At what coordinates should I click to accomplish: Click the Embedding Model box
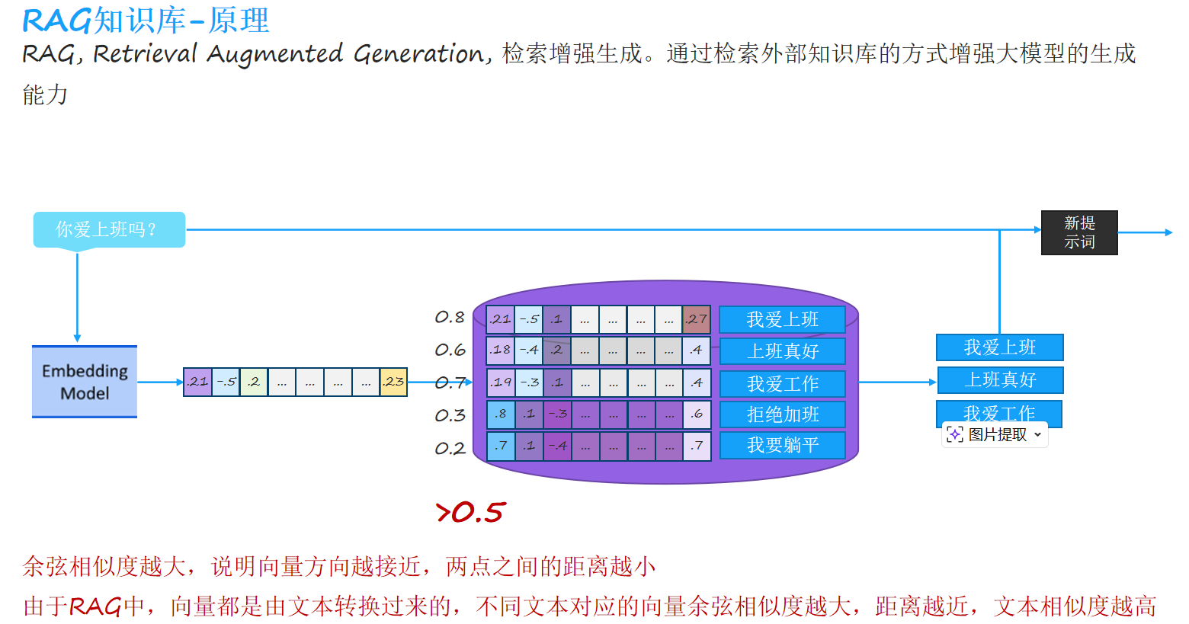click(85, 382)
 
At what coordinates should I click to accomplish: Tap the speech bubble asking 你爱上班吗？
click(109, 229)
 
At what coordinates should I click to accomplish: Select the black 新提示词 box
click(1079, 232)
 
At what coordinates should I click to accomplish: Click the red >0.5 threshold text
click(470, 513)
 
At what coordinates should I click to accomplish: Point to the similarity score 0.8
click(450, 317)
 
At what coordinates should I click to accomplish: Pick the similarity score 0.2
click(450, 449)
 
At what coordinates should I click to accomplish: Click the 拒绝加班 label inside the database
click(782, 414)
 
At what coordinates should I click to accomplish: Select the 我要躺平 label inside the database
click(782, 445)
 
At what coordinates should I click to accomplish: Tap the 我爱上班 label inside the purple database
click(782, 319)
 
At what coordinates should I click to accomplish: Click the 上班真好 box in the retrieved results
click(1000, 379)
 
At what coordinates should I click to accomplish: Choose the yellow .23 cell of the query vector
click(393, 382)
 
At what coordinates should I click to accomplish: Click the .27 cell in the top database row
click(696, 319)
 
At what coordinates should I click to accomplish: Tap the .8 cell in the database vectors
click(500, 414)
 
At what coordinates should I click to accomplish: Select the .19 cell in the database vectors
click(501, 382)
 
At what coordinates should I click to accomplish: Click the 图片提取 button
click(995, 434)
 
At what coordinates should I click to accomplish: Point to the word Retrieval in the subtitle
click(145, 53)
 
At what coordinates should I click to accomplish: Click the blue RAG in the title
click(56, 21)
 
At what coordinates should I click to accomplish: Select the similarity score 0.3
click(450, 415)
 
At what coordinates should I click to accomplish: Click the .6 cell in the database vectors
click(696, 414)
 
